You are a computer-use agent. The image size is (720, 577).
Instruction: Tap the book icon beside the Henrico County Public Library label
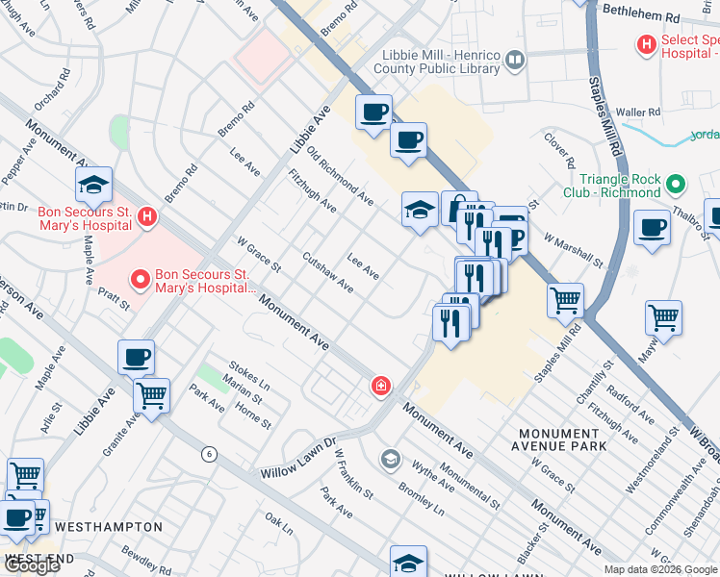coord(515,63)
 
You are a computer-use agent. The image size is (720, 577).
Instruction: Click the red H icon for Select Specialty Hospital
coord(647,43)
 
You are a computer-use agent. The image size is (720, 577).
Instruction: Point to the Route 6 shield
coord(207,453)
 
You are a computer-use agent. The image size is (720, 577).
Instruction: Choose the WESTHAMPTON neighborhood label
coord(109,527)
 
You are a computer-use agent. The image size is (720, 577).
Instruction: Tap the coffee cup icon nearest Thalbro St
coord(652,227)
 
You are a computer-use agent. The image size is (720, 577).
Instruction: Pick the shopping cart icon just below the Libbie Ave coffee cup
coord(150,393)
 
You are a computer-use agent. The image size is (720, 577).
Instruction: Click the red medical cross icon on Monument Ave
coord(381,387)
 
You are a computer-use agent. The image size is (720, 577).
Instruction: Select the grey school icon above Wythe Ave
coord(389,458)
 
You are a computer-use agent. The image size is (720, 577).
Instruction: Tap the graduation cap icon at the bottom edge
coord(408,563)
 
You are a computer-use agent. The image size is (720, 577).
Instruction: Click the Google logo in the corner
coord(31,565)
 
